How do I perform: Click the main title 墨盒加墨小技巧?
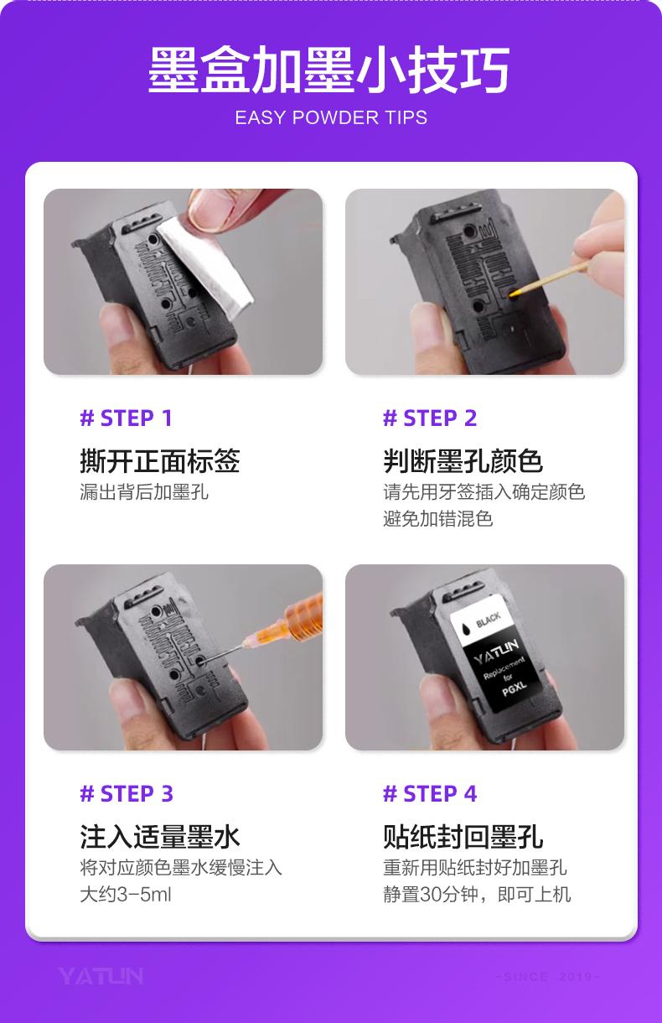pos(329,70)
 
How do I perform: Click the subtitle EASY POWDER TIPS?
pos(331,118)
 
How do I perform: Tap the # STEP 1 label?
pos(126,418)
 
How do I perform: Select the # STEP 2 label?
pos(430,418)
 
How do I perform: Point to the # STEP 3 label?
pos(127,794)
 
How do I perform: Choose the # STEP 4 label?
pos(430,794)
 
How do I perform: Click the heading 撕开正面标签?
pos(160,461)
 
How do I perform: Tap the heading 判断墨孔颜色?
pos(463,461)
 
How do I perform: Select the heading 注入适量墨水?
pos(160,837)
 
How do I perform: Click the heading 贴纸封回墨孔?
pos(463,837)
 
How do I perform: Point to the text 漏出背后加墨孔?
pos(144,492)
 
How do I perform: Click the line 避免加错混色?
pos(437,519)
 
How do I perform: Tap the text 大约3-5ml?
pos(126,895)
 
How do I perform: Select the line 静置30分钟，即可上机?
pos(477,895)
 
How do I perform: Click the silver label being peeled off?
pos(205,265)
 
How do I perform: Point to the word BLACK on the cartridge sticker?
pos(488,621)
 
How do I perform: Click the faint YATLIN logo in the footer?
pos(101,976)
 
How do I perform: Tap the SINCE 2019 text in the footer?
pos(547,977)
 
